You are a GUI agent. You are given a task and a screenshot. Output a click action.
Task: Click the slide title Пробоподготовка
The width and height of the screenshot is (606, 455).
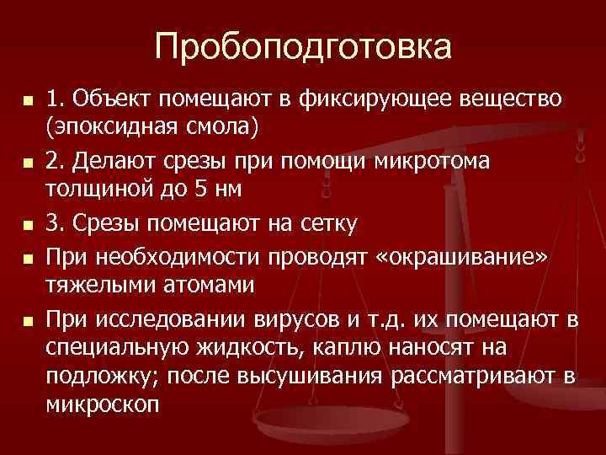(302, 46)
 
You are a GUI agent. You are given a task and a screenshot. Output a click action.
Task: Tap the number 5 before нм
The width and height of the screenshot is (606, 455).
(199, 190)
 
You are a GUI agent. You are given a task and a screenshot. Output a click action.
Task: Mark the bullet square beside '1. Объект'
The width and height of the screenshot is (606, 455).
(28, 100)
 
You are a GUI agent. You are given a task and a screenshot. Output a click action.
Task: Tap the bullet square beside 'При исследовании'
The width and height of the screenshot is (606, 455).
(28, 319)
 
